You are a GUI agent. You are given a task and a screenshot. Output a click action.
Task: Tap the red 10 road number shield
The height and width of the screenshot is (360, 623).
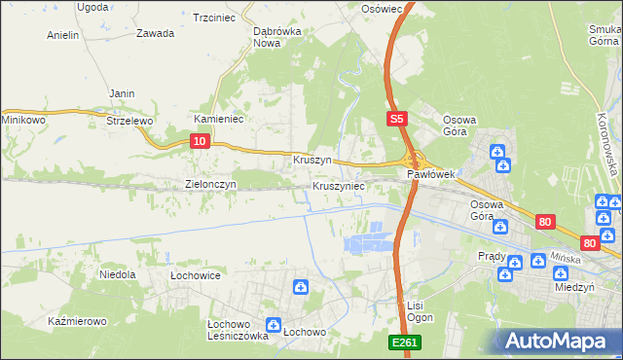click(x=200, y=142)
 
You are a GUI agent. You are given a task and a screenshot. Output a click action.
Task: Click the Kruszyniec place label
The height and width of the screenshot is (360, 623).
click(x=339, y=185)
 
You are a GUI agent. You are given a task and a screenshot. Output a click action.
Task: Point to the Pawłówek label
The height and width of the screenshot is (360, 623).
click(x=431, y=175)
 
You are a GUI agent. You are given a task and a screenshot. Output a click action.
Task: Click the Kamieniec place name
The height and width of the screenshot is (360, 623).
click(x=218, y=119)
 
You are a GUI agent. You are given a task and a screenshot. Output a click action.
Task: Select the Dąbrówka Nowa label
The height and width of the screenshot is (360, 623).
click(x=276, y=37)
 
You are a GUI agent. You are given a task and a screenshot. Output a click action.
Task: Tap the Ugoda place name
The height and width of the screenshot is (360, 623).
click(x=92, y=7)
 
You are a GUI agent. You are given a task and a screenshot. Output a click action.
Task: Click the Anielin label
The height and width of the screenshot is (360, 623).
click(x=62, y=35)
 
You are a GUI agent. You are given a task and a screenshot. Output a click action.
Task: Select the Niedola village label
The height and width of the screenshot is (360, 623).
click(x=118, y=275)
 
